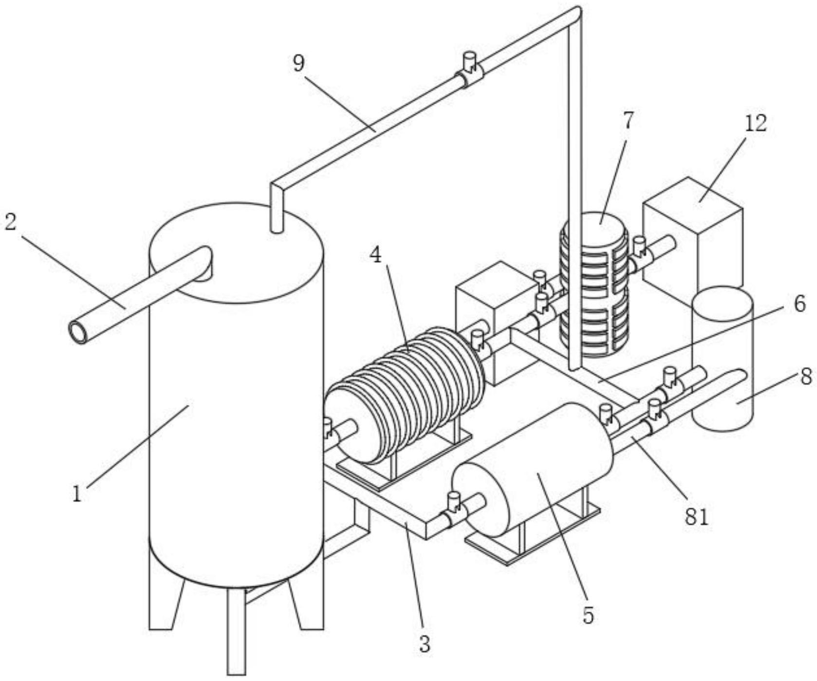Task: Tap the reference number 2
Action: [11, 222]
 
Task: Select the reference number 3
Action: [425, 644]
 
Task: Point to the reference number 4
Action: [375, 255]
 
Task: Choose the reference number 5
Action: [588, 616]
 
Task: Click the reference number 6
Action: [799, 303]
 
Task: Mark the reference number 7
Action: [629, 121]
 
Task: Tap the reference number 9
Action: [298, 63]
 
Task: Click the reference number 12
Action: [755, 123]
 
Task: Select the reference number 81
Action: [696, 517]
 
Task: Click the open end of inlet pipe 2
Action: [78, 333]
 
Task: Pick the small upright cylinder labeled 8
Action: [723, 359]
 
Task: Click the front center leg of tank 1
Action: [236, 631]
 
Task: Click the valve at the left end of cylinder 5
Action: [454, 511]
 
